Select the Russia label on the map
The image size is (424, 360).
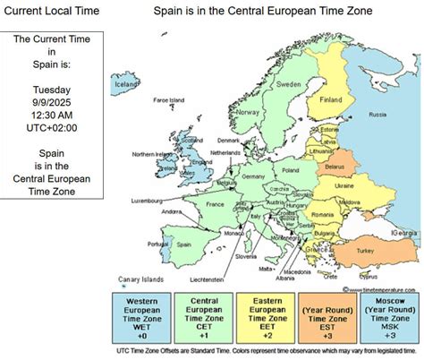(x=377, y=115)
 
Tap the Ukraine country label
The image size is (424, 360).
(x=343, y=184)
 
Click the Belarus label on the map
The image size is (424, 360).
(x=335, y=167)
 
